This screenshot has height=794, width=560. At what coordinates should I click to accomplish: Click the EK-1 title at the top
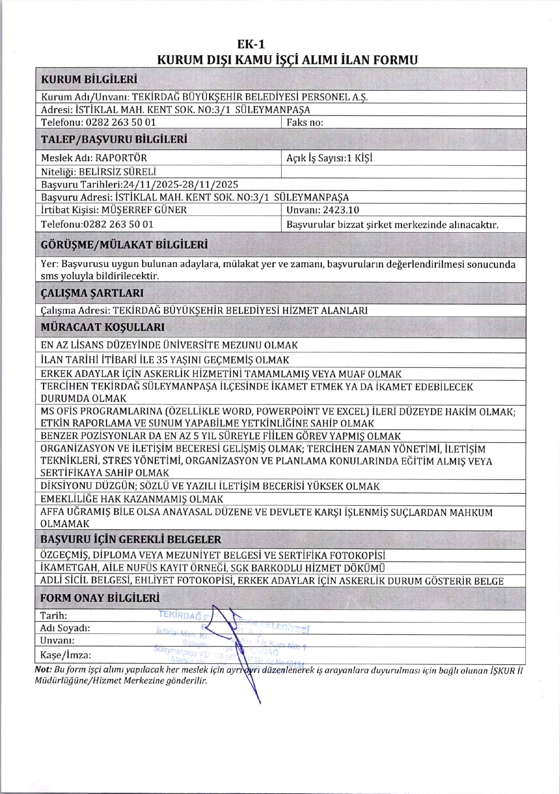point(251,44)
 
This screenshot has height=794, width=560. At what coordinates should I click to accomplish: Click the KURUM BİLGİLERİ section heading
point(89,79)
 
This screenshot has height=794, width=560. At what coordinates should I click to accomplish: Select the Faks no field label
point(305,122)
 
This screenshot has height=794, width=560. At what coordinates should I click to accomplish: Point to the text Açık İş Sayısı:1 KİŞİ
point(329,158)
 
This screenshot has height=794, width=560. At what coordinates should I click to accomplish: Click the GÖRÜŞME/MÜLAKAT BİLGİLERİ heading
point(124,245)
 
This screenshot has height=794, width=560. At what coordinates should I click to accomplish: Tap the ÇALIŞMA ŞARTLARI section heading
point(92,293)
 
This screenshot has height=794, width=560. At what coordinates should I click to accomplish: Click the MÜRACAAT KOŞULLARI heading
point(103,327)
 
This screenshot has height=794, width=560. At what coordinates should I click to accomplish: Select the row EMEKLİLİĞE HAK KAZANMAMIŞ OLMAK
point(132,499)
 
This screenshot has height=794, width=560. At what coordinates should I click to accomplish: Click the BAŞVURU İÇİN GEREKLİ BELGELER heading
point(131,540)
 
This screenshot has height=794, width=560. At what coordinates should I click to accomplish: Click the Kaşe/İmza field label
point(65,655)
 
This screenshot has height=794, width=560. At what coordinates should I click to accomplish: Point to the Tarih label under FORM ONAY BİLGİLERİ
point(53,616)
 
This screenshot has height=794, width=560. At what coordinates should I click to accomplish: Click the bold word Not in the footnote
point(43,670)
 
